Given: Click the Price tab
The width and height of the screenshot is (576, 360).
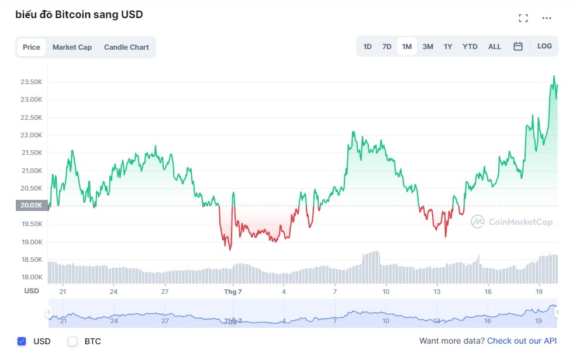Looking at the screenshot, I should pyautogui.click(x=32, y=47).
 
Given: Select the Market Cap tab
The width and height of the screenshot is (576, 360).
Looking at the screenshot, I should pyautogui.click(x=72, y=47).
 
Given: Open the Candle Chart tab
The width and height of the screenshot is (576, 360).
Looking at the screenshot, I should pyautogui.click(x=126, y=47).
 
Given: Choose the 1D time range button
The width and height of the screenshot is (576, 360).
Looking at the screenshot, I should pyautogui.click(x=367, y=46).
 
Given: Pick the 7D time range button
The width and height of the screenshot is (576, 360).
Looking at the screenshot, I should pyautogui.click(x=387, y=46).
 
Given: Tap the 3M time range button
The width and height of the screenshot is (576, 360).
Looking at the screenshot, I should pyautogui.click(x=427, y=46).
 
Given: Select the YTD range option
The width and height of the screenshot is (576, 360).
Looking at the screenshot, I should pyautogui.click(x=470, y=46).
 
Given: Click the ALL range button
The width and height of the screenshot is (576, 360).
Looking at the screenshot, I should pyautogui.click(x=495, y=46).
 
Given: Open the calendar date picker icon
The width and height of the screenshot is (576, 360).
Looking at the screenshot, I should pyautogui.click(x=518, y=46).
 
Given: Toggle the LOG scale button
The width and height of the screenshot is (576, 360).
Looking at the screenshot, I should pyautogui.click(x=544, y=46).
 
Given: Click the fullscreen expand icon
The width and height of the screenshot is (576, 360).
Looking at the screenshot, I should pyautogui.click(x=523, y=18).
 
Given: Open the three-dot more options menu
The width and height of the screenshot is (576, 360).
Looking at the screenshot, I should pyautogui.click(x=547, y=18).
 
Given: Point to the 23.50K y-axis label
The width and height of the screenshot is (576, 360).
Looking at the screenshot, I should pyautogui.click(x=31, y=82).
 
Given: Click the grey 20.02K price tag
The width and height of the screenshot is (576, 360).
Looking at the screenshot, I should pyautogui.click(x=31, y=205).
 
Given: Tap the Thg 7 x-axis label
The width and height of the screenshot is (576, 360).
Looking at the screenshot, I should pyautogui.click(x=233, y=291).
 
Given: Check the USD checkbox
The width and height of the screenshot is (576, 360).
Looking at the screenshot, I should pyautogui.click(x=22, y=341).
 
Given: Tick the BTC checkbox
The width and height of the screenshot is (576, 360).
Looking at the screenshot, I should pyautogui.click(x=73, y=341).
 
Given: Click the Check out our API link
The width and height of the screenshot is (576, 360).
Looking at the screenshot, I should pyautogui.click(x=522, y=341).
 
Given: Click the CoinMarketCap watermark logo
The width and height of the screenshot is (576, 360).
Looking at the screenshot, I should pyautogui.click(x=512, y=222).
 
